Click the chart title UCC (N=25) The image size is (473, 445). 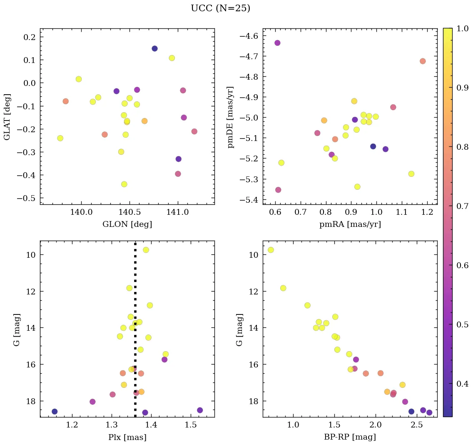220,8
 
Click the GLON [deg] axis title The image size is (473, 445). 127,224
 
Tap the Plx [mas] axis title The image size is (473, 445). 127,437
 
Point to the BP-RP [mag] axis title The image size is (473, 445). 350,437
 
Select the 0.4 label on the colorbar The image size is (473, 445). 463,384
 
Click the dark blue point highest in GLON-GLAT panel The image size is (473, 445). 154,48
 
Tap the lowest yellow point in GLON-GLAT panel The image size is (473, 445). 124,184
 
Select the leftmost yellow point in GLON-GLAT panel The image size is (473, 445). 60,138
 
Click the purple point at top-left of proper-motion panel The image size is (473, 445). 277,43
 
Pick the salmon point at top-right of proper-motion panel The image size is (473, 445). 423,61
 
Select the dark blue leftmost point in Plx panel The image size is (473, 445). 55,411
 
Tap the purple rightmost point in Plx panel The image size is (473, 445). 200,410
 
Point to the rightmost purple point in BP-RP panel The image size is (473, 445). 429,412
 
